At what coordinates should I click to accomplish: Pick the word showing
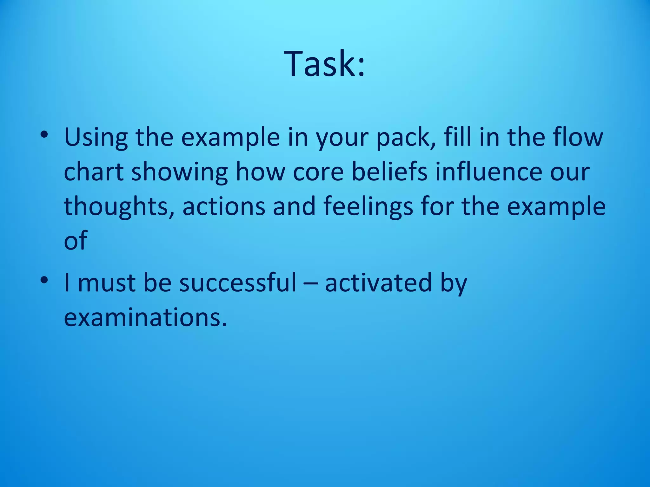(x=179, y=173)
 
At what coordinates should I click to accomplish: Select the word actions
(x=223, y=206)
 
